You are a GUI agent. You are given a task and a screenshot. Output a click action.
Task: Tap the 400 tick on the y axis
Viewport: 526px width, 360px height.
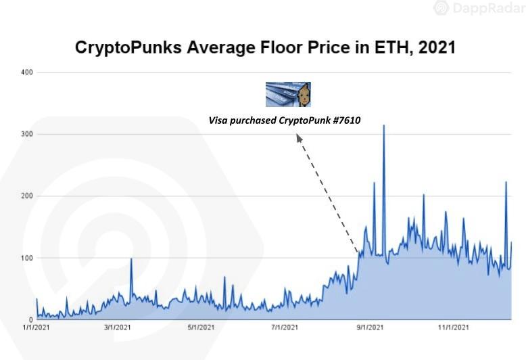(27, 72)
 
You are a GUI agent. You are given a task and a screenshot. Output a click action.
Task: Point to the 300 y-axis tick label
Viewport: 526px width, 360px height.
(27, 135)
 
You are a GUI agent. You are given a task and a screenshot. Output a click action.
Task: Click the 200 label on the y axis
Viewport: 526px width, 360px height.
(27, 196)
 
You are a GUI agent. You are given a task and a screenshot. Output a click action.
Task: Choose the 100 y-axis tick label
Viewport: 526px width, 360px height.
(27, 258)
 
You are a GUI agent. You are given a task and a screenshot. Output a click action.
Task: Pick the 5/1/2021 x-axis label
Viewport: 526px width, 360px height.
(200, 328)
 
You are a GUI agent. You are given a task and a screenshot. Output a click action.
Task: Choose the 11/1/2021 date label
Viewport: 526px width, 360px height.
(453, 328)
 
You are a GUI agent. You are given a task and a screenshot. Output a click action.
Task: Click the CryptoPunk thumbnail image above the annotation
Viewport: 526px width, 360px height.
(288, 95)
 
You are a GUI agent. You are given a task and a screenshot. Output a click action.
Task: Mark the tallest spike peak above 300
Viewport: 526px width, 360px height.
(384, 125)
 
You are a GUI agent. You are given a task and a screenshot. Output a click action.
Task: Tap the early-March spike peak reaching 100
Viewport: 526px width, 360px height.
(131, 258)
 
